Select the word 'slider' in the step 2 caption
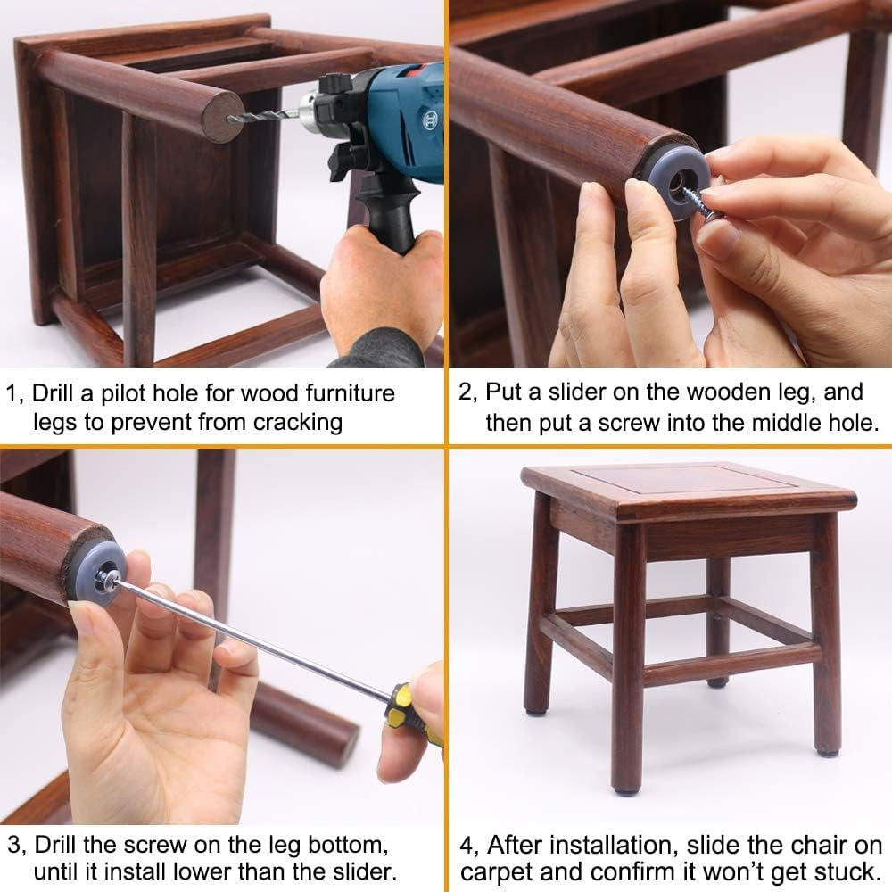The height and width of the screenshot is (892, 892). pyautogui.click(x=574, y=392)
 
